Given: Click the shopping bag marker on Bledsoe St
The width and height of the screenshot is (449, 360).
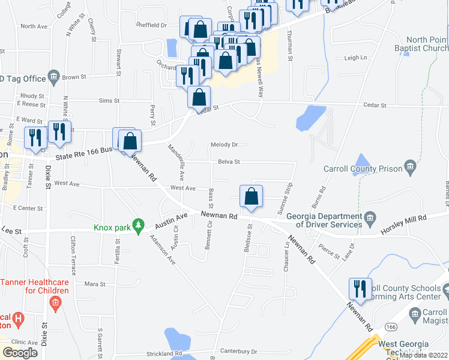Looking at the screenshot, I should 251,197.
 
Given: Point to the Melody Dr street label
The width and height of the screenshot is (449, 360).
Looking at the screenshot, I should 224,145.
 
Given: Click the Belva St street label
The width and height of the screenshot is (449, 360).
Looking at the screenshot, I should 229,161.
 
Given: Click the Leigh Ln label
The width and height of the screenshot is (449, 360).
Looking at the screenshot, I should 355,58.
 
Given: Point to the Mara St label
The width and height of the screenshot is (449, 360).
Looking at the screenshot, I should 95,284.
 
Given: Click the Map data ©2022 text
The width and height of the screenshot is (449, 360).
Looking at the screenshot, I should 423,355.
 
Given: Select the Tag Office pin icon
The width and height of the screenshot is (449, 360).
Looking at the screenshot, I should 54,76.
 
